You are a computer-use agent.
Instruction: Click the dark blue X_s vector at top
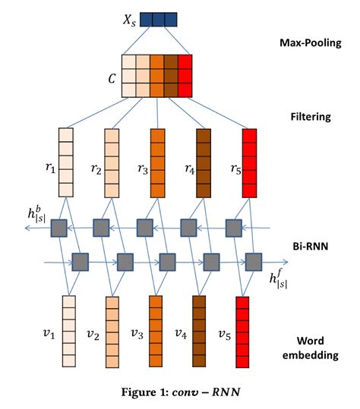click(158, 18)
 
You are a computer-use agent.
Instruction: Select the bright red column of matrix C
click(185, 77)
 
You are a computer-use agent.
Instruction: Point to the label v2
click(93, 334)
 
